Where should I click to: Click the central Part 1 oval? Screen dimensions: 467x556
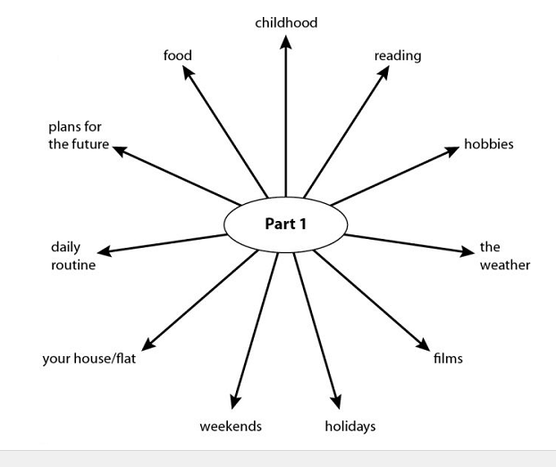coord(285,224)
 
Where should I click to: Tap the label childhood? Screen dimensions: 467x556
coord(286,22)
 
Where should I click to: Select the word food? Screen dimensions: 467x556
coord(177,55)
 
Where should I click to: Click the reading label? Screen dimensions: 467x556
coord(398,55)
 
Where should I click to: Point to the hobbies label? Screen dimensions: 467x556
coord(488,144)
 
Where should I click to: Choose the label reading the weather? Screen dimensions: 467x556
coord(504,256)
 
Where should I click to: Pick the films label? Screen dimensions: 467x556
coord(448,359)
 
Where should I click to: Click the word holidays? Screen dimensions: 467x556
coord(350,426)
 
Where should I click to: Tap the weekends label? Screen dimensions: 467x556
coord(231,426)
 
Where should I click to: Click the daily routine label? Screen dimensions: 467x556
coord(72,256)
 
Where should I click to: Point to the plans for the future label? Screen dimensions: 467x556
coord(79,135)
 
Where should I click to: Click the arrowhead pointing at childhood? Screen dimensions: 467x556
coord(286,43)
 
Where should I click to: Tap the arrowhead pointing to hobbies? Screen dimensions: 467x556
coord(452,151)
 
